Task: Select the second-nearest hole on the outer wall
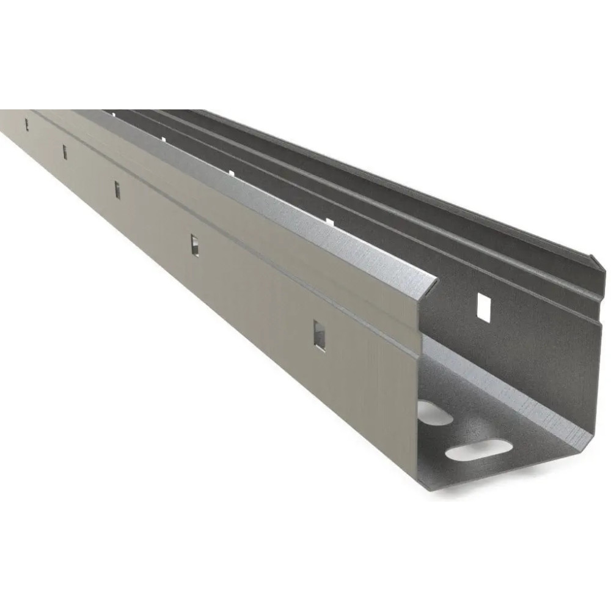point(195,245)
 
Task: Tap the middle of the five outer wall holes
point(117,190)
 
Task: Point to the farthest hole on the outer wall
point(26,125)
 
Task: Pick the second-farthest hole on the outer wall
point(65,152)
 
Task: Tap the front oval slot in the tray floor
point(478,451)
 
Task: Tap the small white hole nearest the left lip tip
point(329,221)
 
